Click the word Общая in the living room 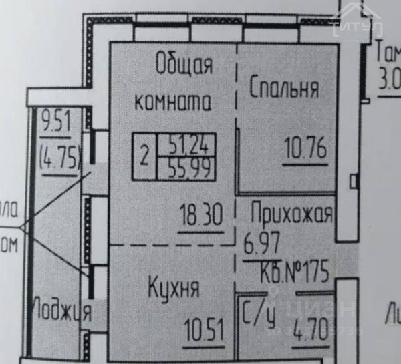click(x=184, y=67)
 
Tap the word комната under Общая click(x=173, y=102)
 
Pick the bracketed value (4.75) click(x=60, y=158)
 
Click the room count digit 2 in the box click(x=144, y=158)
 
